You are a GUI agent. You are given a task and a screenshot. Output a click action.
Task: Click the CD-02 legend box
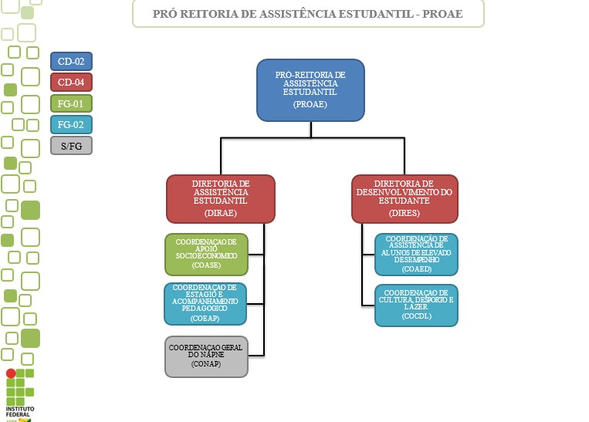pos(71,61)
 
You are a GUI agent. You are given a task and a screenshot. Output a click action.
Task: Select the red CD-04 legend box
pos(71,82)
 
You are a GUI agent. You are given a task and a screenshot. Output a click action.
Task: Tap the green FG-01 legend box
pos(71,103)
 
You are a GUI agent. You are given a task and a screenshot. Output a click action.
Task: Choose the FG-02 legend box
pos(71,123)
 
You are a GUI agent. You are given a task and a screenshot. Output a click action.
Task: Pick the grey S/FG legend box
pos(71,144)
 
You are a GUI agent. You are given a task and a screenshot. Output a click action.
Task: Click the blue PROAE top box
pos(310,90)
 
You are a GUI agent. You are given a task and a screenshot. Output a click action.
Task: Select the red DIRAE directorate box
pos(221,198)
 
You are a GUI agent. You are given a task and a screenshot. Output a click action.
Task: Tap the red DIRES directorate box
pos(405,198)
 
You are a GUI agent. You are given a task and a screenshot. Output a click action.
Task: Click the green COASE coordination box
pos(206,254)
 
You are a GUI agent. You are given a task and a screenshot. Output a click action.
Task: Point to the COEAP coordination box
pos(205,303)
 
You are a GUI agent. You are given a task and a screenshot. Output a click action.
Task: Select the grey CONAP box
pos(206,356)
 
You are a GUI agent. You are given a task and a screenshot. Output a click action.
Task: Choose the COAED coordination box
pos(416,254)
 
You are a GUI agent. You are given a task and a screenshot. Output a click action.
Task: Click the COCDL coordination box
pos(416,305)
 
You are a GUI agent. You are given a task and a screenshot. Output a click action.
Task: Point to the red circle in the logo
pos(11,373)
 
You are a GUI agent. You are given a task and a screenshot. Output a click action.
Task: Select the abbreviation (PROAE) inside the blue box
pos(310,103)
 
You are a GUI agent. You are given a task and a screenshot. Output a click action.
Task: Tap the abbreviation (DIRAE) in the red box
pos(221,211)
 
